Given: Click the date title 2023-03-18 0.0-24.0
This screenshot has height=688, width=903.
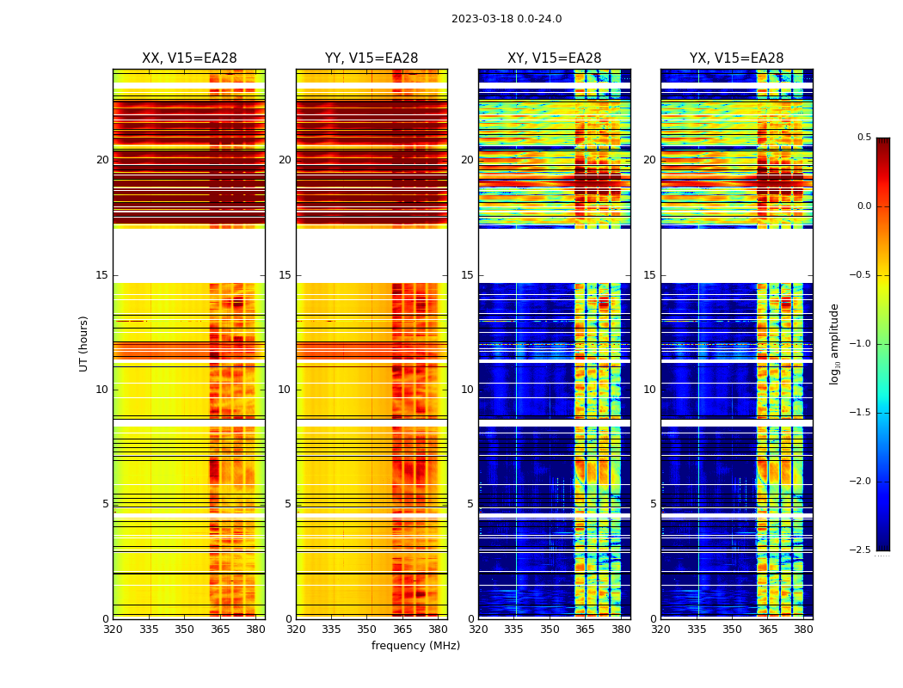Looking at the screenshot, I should [506, 19].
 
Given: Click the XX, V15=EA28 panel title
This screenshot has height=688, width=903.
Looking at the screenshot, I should [189, 58].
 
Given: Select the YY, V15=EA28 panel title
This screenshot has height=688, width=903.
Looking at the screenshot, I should [372, 58].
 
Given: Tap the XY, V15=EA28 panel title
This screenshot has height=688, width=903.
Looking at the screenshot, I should [554, 58].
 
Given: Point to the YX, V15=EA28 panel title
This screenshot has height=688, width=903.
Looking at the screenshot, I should [736, 58].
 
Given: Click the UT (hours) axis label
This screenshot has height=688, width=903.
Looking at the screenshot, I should [84, 343].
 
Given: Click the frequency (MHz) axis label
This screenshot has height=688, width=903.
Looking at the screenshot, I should [415, 646].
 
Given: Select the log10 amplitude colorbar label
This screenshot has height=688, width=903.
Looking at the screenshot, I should [834, 343].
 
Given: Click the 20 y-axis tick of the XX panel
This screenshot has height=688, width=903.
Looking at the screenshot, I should [102, 160].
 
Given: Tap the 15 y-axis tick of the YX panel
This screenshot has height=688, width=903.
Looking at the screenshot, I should [650, 275].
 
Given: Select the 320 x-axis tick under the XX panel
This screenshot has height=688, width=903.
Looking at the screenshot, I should [113, 630].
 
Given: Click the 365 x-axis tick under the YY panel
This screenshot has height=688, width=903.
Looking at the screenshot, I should [402, 630].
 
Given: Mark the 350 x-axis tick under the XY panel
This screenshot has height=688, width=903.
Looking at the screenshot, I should [550, 630].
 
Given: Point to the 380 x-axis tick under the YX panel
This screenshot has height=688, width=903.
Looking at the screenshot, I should [803, 630].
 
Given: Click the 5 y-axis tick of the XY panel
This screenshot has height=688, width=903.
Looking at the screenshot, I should [470, 504].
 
